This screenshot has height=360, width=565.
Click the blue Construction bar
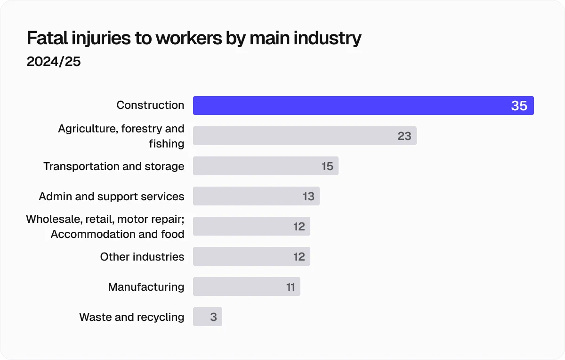[348, 106]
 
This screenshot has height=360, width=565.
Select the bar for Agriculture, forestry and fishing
[292, 136]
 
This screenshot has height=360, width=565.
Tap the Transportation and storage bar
[254, 166]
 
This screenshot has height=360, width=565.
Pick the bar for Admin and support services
[245, 196]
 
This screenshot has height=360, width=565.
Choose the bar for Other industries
[240, 256]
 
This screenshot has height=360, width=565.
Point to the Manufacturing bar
[235, 286]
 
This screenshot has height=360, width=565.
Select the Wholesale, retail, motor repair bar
[240, 226]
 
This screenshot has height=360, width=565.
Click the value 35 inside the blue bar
[519, 106]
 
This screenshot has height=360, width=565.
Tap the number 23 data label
[404, 136]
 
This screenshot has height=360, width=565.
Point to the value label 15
[327, 166]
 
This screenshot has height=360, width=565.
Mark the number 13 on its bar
[308, 196]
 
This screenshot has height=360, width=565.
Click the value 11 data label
[291, 286]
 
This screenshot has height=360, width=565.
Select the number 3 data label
[213, 317]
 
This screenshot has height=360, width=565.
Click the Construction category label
[150, 105]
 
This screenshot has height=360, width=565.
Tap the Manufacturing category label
[146, 286]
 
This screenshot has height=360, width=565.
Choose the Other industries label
[142, 256]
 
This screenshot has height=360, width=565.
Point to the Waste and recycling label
[132, 317]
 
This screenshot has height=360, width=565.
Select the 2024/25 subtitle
[54, 62]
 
